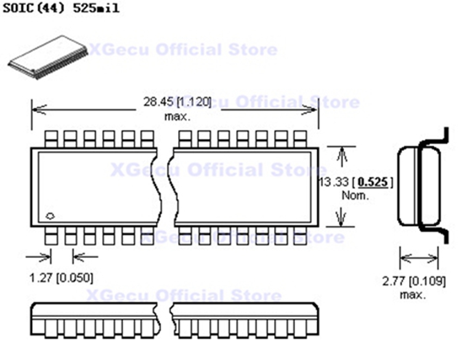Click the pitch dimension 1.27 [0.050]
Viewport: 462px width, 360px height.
tap(62, 278)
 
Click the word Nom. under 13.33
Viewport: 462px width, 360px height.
tap(355, 196)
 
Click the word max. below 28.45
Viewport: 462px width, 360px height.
tap(177, 116)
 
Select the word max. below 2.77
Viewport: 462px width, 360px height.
tap(413, 295)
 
